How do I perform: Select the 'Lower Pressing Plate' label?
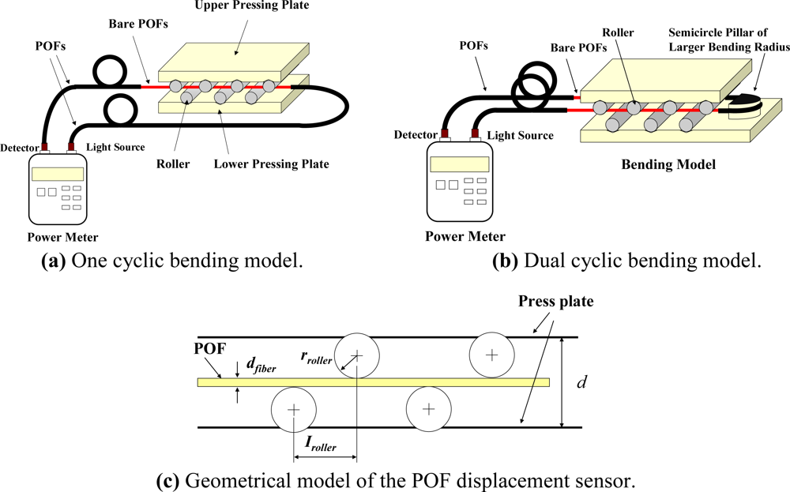tap(271, 164)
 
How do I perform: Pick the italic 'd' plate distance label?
tap(581, 383)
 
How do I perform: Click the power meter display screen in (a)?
tap(57, 173)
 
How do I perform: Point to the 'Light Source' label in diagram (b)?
tap(519, 135)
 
